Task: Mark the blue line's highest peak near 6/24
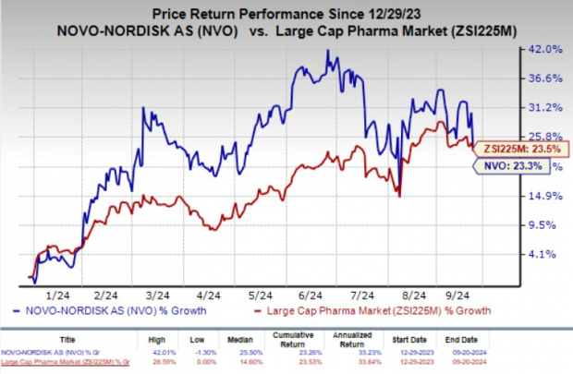coord(327,51)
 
